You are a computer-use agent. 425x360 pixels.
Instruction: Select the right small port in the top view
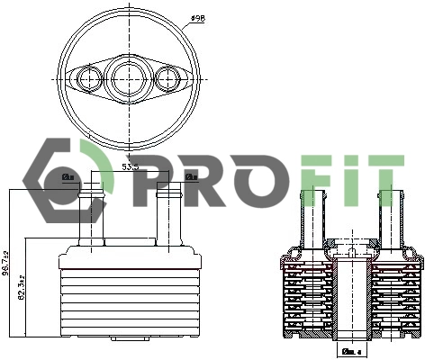167,79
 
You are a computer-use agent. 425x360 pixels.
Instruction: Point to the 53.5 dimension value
129,167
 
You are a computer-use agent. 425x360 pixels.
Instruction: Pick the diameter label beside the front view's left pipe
68,177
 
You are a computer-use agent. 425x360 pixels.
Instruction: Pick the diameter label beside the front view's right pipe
191,177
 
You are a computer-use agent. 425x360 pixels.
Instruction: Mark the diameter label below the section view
351,350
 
